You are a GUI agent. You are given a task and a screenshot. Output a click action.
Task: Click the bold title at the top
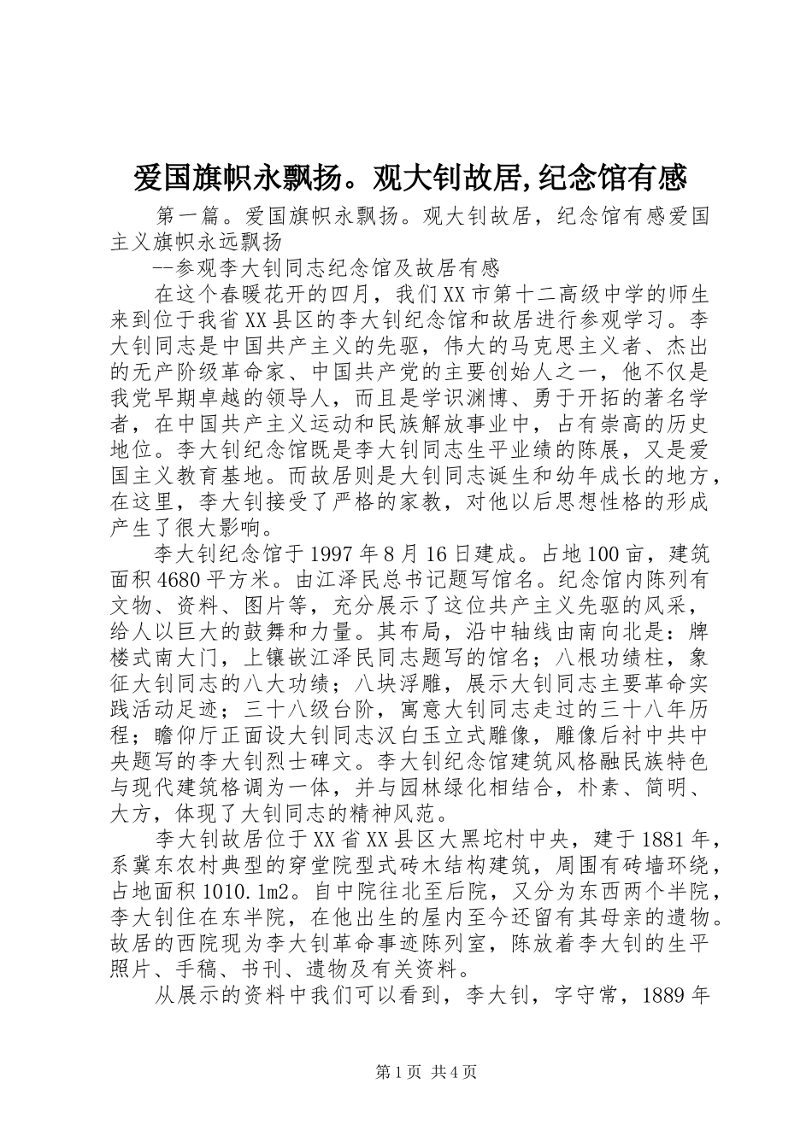coord(410,179)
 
